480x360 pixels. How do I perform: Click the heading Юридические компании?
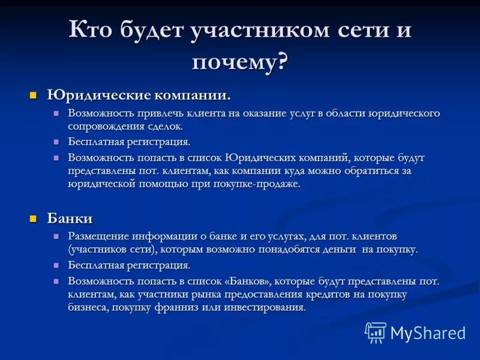[x=139, y=95]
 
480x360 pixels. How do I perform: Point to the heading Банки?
[x=70, y=218]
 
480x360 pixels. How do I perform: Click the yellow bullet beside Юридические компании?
[x=34, y=95]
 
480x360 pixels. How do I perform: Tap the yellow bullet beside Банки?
[x=34, y=218]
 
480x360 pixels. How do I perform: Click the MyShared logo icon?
[x=376, y=332]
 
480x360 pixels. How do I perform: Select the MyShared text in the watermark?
[x=428, y=333]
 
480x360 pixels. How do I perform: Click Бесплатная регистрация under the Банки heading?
[x=129, y=265]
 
